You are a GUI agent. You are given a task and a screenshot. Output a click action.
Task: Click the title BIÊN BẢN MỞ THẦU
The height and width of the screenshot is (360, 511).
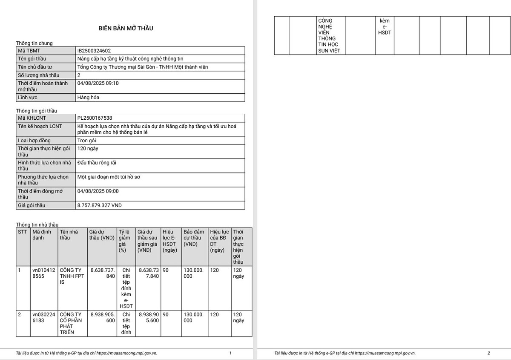point(126,28)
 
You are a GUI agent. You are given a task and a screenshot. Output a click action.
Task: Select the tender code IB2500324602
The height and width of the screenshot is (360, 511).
point(94,51)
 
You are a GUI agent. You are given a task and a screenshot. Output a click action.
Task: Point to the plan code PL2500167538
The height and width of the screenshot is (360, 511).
point(95,118)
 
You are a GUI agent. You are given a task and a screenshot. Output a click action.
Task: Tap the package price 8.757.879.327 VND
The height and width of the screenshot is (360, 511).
point(99,205)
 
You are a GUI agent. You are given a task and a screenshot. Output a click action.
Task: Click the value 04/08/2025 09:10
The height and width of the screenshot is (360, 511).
point(98,84)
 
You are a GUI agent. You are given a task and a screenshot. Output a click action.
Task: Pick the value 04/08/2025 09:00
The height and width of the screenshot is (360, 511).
point(98,191)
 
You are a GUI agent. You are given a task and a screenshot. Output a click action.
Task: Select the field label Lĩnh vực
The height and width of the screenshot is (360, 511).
point(27,98)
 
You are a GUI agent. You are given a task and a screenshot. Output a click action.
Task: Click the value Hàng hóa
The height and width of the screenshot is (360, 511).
point(89,98)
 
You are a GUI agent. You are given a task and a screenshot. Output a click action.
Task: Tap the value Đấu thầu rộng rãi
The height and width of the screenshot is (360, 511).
point(97,163)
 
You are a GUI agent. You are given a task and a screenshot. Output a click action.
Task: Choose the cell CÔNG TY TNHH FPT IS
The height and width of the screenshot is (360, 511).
point(72,276)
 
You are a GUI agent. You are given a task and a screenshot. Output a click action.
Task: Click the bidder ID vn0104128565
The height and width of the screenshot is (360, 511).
point(43,273)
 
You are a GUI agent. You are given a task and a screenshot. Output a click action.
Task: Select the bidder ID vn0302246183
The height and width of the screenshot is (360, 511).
point(43,317)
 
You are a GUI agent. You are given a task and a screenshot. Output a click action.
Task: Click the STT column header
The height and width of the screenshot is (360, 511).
point(23,232)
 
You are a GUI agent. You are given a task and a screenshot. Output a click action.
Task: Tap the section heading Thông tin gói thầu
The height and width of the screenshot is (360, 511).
point(37,111)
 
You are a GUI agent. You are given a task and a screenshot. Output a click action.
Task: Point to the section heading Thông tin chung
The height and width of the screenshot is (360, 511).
point(34,43)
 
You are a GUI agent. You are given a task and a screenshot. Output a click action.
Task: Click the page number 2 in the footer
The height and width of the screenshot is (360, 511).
point(489,353)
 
